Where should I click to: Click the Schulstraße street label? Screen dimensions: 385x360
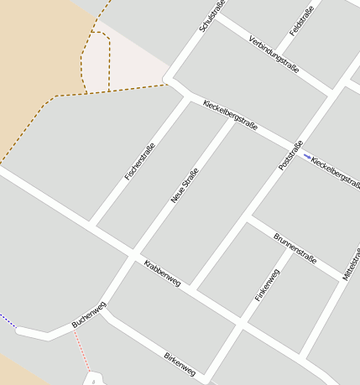pyautogui.click(x=212, y=18)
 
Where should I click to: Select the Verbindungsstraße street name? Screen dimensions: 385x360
pyautogui.click(x=274, y=54)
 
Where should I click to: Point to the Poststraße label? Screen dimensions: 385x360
pyautogui.click(x=290, y=156)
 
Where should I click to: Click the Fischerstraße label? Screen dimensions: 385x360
pyautogui.click(x=139, y=162)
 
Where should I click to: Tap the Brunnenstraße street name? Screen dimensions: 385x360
pyautogui.click(x=295, y=248)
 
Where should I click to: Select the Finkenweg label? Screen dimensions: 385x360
pyautogui.click(x=266, y=285)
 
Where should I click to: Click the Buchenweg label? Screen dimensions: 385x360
pyautogui.click(x=89, y=314)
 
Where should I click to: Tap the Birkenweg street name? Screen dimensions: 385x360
pyautogui.click(x=180, y=363)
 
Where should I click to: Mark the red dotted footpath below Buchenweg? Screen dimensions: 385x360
pyautogui.click(x=81, y=350)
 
